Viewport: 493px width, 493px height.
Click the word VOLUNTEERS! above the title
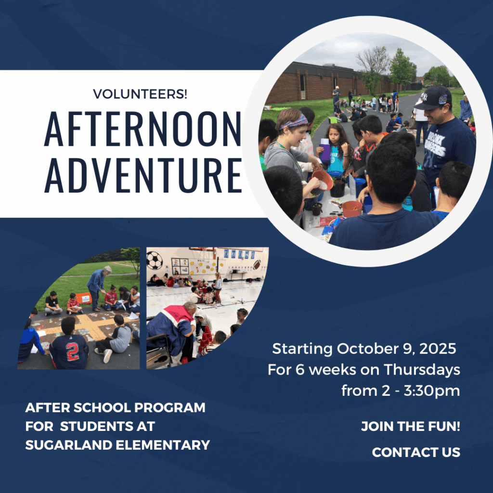click(140, 94)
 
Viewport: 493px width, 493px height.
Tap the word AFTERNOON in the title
click(143, 129)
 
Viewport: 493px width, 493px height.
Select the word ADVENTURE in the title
click(143, 175)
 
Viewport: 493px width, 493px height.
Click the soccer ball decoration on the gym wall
click(155, 260)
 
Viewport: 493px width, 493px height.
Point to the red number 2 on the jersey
click(72, 351)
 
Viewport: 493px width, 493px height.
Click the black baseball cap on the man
click(433, 98)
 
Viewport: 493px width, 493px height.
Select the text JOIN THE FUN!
click(410, 427)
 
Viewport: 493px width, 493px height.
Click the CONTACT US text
click(416, 452)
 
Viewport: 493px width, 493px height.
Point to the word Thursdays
click(422, 370)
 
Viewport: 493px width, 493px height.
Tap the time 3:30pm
click(432, 391)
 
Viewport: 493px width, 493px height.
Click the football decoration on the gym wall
click(257, 264)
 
